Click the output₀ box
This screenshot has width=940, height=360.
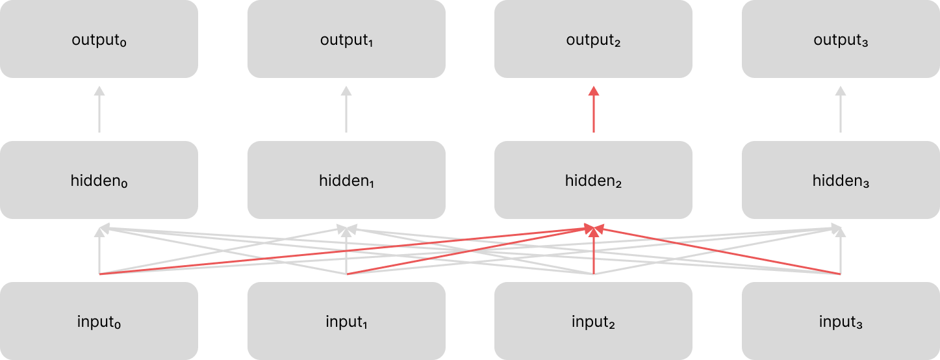[99, 39]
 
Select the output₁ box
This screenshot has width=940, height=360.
[346, 39]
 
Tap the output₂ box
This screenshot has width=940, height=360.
[593, 39]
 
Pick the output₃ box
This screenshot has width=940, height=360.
[841, 39]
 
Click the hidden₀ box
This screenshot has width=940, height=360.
[99, 180]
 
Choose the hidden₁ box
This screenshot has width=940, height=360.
[346, 180]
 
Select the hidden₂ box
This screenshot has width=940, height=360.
[593, 180]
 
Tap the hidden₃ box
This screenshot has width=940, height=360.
[841, 180]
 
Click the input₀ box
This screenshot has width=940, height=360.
[99, 321]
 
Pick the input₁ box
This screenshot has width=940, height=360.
[346, 321]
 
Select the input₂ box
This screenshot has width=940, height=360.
[593, 321]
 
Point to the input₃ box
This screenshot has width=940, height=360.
[841, 321]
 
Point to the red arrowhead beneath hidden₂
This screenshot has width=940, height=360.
[594, 228]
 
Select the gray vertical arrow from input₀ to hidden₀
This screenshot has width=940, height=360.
[99, 253]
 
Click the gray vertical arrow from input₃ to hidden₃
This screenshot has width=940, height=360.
[841, 253]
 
